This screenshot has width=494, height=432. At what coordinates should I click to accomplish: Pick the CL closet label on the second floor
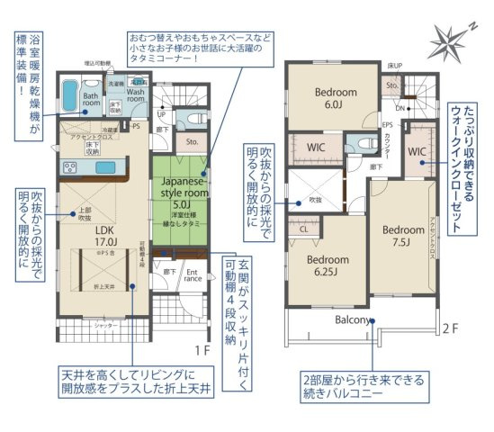(304, 229)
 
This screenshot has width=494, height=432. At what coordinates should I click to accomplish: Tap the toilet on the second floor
(364, 144)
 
